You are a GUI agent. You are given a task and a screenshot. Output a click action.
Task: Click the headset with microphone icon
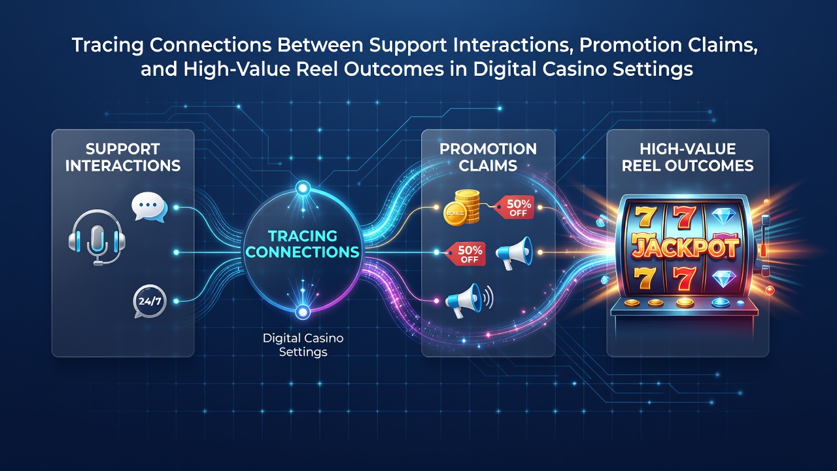(x=96, y=237)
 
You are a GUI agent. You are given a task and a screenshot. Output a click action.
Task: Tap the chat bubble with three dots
(x=149, y=207)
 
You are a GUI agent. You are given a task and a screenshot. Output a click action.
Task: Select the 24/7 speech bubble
(x=150, y=302)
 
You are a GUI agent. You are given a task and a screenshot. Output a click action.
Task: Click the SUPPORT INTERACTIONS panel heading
(x=122, y=158)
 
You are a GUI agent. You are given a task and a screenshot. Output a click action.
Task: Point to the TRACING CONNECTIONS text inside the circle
(x=302, y=244)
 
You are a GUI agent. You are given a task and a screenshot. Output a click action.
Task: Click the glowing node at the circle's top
(x=303, y=188)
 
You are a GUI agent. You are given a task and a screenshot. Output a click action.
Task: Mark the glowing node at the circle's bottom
(x=303, y=311)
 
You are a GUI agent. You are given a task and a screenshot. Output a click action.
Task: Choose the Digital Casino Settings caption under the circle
(x=303, y=345)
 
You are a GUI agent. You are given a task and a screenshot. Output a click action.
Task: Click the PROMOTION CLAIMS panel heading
(x=488, y=158)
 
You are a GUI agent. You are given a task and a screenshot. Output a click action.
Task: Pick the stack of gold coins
(x=462, y=207)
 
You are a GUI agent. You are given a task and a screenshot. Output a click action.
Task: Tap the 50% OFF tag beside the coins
(x=515, y=208)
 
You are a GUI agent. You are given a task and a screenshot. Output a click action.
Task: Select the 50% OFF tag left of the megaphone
(x=466, y=254)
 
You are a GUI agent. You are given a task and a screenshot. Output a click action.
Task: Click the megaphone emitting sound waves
(x=469, y=300)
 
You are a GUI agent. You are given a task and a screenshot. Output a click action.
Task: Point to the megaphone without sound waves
(x=514, y=253)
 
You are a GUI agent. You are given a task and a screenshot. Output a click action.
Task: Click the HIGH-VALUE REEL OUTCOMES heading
(x=687, y=158)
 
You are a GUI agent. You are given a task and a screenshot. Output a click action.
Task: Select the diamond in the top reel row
(x=723, y=217)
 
